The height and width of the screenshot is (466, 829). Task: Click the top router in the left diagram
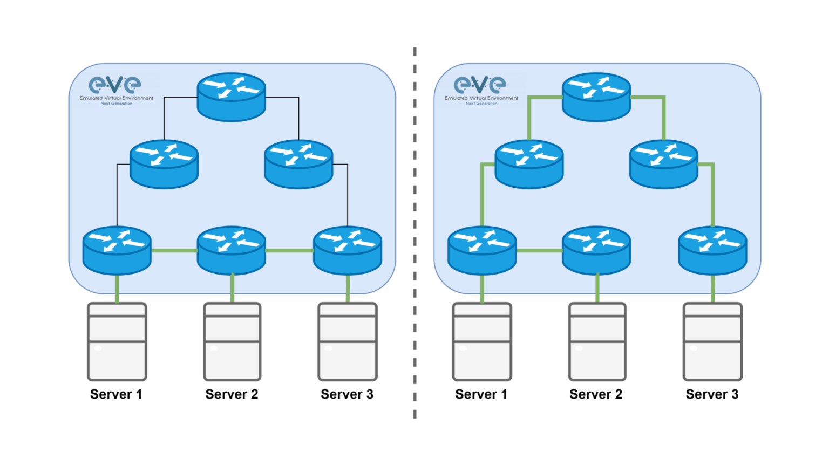(231, 97)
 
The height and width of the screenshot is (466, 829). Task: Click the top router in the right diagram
(596, 97)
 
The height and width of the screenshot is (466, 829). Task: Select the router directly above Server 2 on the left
(231, 250)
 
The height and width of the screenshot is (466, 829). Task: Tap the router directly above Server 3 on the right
(712, 250)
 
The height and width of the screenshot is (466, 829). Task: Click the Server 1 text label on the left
(116, 394)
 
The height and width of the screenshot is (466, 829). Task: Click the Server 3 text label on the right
(712, 394)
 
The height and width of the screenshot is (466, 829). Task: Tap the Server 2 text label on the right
(596, 394)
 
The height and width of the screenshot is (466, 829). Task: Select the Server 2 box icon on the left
(232, 341)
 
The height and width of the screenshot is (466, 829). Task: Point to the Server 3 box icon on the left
(348, 341)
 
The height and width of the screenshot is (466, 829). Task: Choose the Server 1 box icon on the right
(482, 341)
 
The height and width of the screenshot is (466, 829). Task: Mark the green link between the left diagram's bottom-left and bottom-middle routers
(174, 250)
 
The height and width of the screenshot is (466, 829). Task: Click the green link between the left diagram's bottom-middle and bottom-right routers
(289, 250)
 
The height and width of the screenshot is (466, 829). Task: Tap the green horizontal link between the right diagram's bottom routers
(539, 250)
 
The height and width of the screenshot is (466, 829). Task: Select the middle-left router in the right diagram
(529, 164)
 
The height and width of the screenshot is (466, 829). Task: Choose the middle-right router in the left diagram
(298, 164)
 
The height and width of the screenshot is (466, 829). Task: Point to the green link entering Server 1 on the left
(117, 289)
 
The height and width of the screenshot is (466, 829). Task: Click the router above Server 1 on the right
(482, 250)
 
